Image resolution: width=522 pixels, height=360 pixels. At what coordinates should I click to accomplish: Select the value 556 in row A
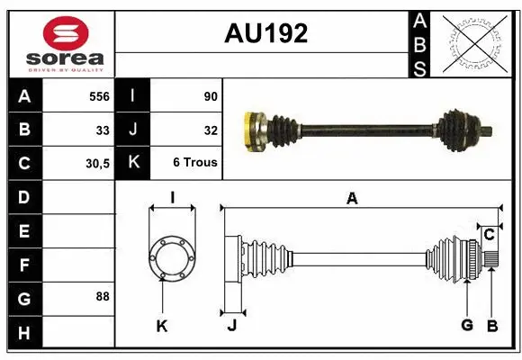tap(99, 94)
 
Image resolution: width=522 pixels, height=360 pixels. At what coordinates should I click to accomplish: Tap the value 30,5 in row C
tap(96, 164)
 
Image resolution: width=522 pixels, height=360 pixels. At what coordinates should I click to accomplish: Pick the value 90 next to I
tap(211, 94)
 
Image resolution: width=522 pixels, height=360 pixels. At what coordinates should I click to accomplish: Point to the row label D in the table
tap(24, 196)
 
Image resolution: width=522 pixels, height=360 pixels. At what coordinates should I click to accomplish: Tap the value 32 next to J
tap(211, 130)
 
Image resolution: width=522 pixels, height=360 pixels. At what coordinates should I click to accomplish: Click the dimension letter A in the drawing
tap(352, 199)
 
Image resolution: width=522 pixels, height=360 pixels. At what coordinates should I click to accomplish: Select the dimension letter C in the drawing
tap(489, 235)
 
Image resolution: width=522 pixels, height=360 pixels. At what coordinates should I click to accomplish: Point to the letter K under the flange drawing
tap(162, 326)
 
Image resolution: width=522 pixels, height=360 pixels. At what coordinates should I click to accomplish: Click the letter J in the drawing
tap(231, 326)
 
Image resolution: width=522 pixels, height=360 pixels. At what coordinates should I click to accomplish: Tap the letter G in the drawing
tap(467, 325)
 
